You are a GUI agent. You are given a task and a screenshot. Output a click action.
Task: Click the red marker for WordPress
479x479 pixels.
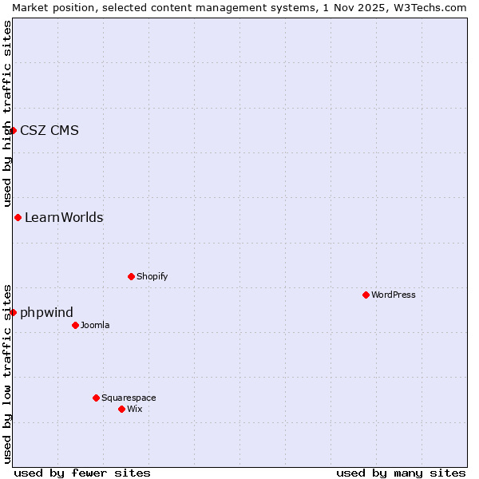click(x=366, y=295)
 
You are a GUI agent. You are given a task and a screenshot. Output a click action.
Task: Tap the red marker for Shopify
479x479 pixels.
click(x=131, y=276)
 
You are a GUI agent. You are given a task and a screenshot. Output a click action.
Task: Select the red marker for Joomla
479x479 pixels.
click(x=75, y=325)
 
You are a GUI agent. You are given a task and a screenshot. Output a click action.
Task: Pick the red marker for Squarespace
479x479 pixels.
click(x=96, y=398)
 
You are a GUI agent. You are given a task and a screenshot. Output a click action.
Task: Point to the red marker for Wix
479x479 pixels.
click(x=121, y=409)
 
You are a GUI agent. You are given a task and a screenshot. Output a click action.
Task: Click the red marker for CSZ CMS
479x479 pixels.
click(x=14, y=130)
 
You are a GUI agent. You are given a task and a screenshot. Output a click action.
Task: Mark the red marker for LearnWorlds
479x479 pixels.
click(x=18, y=217)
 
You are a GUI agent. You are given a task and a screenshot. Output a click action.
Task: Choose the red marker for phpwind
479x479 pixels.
click(x=14, y=312)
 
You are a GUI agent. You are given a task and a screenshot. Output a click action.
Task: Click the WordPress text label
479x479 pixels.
click(x=394, y=295)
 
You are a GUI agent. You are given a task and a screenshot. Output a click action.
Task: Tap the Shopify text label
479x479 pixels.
click(x=152, y=276)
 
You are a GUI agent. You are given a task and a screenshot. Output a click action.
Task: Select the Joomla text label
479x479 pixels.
click(x=95, y=325)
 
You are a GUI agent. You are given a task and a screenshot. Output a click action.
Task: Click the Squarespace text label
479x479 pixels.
click(x=129, y=398)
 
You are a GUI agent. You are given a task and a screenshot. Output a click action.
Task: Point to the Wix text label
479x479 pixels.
click(x=134, y=409)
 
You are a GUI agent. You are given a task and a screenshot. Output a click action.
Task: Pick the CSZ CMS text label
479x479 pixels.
click(x=49, y=131)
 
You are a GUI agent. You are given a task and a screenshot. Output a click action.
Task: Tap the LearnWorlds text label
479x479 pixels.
click(x=64, y=217)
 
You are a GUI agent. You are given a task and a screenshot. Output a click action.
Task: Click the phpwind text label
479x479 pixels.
click(x=46, y=312)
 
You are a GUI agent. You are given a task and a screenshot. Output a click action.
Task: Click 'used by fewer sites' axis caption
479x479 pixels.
click(x=82, y=473)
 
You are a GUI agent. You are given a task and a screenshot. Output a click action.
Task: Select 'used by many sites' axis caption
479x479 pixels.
click(x=401, y=473)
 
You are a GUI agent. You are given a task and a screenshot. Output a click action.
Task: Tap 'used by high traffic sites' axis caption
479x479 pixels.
click(x=7, y=113)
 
